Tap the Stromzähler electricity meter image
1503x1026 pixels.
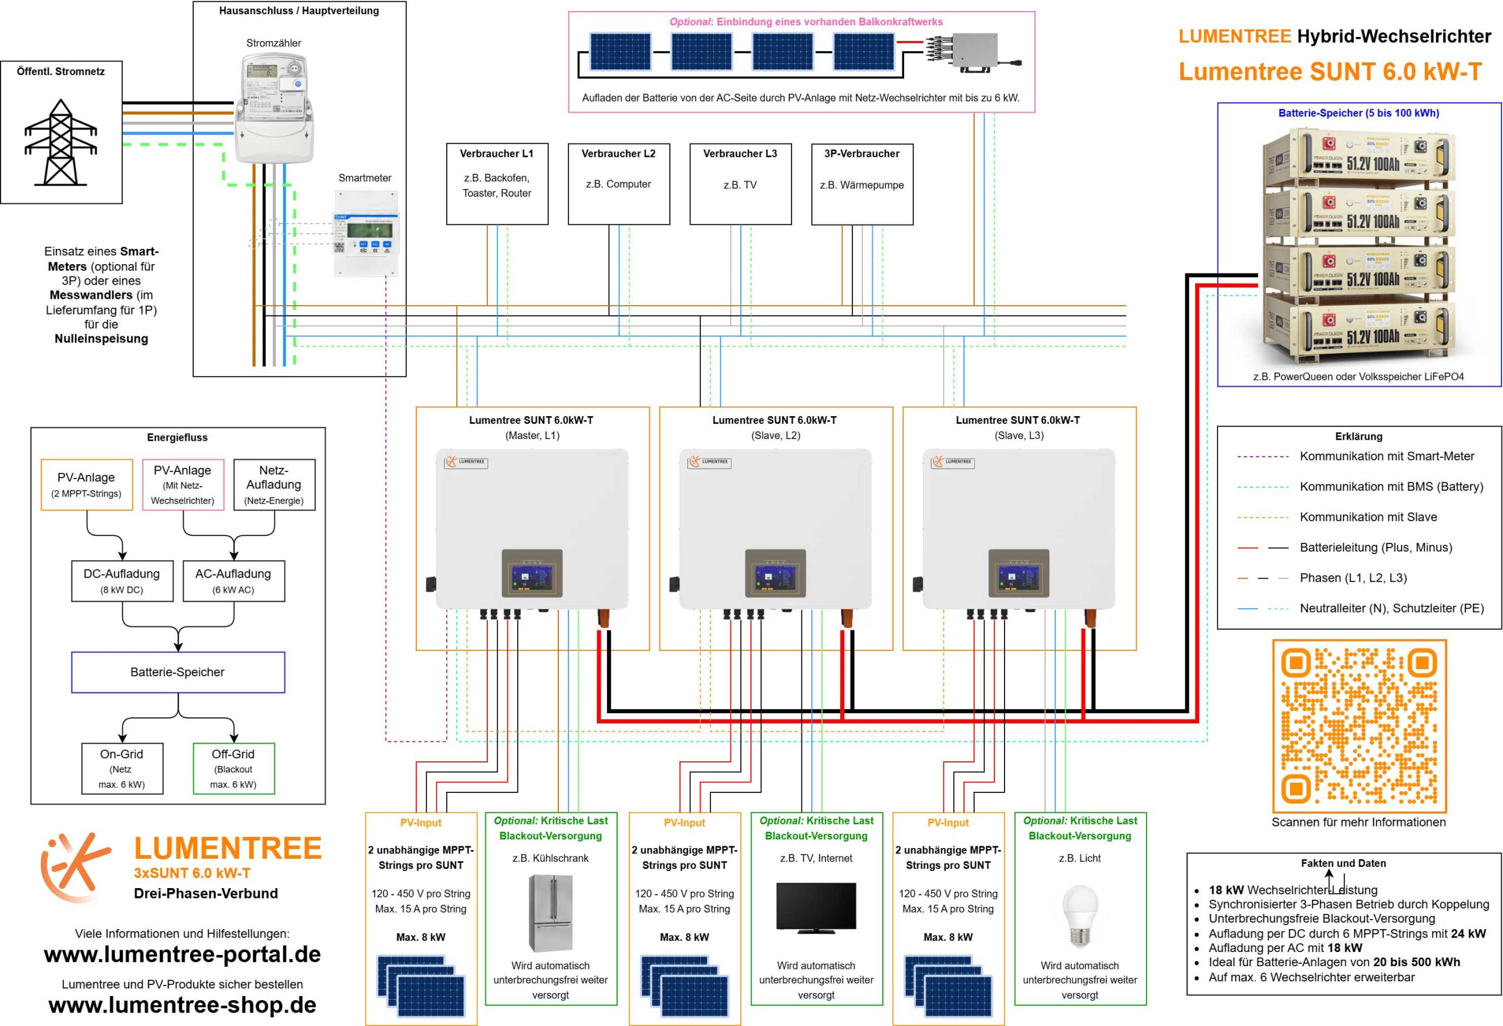click(272, 107)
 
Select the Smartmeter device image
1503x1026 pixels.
click(365, 233)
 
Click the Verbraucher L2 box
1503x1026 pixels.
click(618, 184)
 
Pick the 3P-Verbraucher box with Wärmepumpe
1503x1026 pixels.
click(861, 184)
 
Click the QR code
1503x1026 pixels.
click(1359, 726)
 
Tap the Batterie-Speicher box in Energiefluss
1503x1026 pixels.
click(178, 671)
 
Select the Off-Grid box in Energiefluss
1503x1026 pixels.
click(234, 768)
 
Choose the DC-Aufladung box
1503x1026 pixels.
click(122, 580)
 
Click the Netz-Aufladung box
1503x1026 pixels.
click(274, 484)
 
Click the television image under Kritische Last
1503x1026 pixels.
click(815, 907)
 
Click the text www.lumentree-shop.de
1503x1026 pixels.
click(183, 1005)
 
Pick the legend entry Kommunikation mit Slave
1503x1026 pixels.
click(1368, 517)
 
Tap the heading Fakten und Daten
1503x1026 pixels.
click(1343, 863)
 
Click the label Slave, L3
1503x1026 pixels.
click(1019, 435)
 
